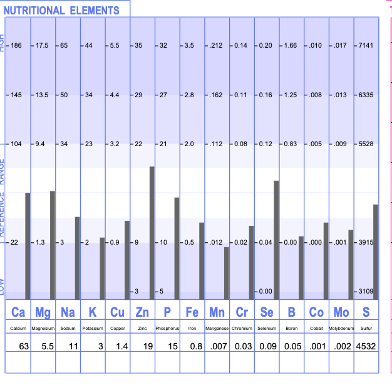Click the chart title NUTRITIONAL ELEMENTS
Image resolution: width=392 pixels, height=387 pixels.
(61, 11)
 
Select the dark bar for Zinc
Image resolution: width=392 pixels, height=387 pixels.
(152, 233)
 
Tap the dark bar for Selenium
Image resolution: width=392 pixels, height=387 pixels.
(276, 240)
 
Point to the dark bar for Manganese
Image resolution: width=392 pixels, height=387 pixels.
(226, 273)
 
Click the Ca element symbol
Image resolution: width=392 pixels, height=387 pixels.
(18, 312)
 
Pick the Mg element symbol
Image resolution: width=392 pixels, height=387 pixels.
(43, 312)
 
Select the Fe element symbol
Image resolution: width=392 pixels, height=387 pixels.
(192, 312)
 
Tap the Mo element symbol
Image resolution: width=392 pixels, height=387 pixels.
(341, 312)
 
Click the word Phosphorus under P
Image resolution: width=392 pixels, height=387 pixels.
(167, 328)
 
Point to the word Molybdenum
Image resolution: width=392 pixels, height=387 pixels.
(341, 328)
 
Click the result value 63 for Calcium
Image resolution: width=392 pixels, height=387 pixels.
(24, 346)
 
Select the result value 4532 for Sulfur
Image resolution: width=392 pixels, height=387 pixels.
(366, 346)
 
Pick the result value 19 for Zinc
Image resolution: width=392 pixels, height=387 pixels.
(148, 346)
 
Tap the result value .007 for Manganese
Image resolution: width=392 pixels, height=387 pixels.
(219, 346)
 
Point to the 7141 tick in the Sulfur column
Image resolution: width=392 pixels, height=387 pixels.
(366, 46)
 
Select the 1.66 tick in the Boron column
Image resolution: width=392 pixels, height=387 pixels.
(289, 46)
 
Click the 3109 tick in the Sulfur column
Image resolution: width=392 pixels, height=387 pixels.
(366, 291)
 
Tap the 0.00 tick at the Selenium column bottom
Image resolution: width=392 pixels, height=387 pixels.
(266, 291)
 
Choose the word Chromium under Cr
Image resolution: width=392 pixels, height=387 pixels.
(242, 328)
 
